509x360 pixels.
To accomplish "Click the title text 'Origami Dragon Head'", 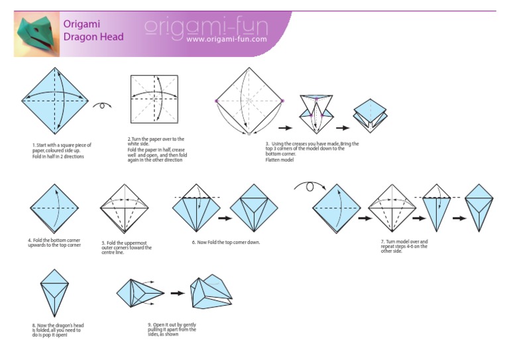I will (x=93, y=30).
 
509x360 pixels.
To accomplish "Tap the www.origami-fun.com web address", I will (x=226, y=39).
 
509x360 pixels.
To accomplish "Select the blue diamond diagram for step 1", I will (x=56, y=100).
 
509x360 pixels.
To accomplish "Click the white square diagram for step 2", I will (x=154, y=99).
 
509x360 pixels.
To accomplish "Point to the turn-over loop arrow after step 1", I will (x=101, y=105).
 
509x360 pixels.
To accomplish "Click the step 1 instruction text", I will (x=61, y=150).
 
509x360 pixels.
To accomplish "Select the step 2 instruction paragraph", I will (x=157, y=150).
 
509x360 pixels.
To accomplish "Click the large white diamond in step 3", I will (x=249, y=100).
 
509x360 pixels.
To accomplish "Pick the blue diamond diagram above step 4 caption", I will (x=56, y=208).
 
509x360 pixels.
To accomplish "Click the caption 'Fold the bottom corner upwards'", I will (x=54, y=243).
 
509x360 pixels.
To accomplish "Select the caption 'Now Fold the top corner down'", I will (x=226, y=243).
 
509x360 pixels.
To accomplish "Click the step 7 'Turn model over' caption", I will (x=404, y=246).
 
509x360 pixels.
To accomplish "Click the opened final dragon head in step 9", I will (x=211, y=292).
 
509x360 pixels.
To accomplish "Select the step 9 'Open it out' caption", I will (x=172, y=330).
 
